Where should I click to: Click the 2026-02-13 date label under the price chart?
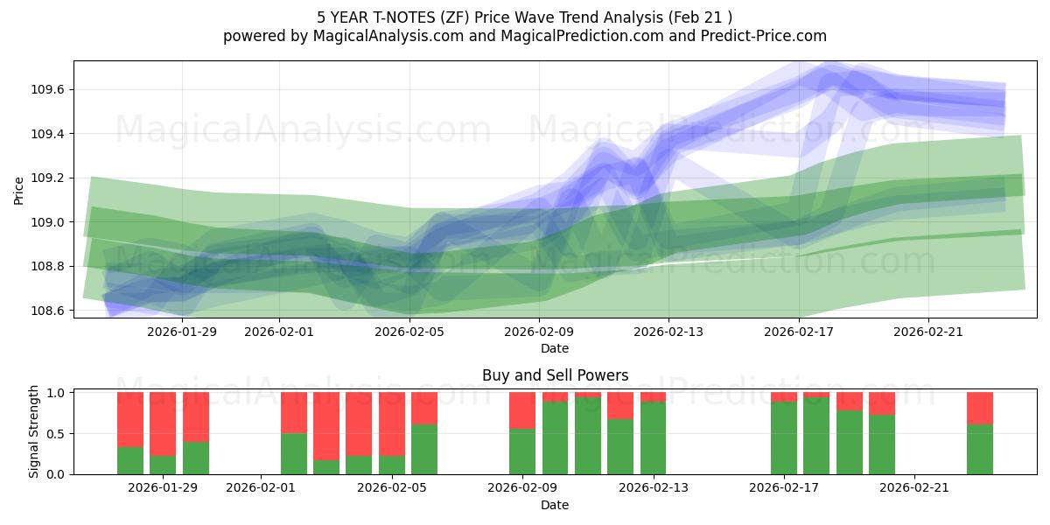(x=668, y=331)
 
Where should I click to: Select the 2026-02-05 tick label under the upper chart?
(x=409, y=331)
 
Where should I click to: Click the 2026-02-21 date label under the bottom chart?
(x=913, y=488)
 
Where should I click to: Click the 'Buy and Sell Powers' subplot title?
(x=555, y=375)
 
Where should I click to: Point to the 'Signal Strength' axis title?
(x=34, y=431)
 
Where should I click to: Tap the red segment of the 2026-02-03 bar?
(x=326, y=425)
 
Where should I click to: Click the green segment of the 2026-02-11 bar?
(x=588, y=436)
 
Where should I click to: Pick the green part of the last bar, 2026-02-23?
(x=980, y=450)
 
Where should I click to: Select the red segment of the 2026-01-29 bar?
(x=163, y=423)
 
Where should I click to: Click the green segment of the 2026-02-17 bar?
(x=784, y=438)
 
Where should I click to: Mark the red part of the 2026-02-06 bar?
(x=424, y=408)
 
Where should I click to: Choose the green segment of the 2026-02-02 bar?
(x=294, y=454)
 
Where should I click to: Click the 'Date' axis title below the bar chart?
(x=555, y=505)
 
